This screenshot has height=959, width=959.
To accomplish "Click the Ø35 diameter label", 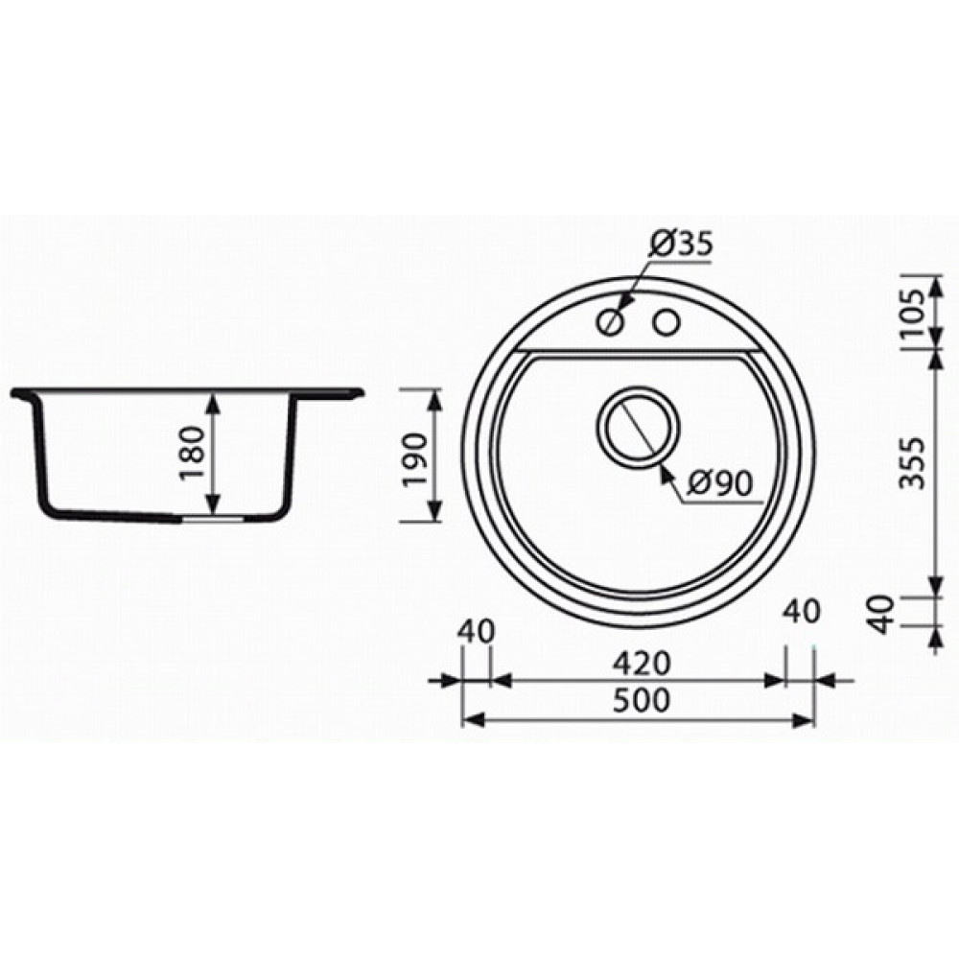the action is point(681,244).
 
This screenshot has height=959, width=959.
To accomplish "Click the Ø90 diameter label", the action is point(719,483).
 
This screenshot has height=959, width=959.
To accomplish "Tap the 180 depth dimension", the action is point(194,454).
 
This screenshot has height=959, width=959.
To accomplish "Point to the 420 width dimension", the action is point(643,664).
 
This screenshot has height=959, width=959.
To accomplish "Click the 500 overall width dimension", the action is point(642,701).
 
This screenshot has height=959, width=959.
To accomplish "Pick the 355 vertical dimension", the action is point(913,462).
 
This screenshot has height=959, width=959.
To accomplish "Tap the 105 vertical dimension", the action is point(913,314).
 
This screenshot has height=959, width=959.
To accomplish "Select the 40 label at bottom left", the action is point(476,632).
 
